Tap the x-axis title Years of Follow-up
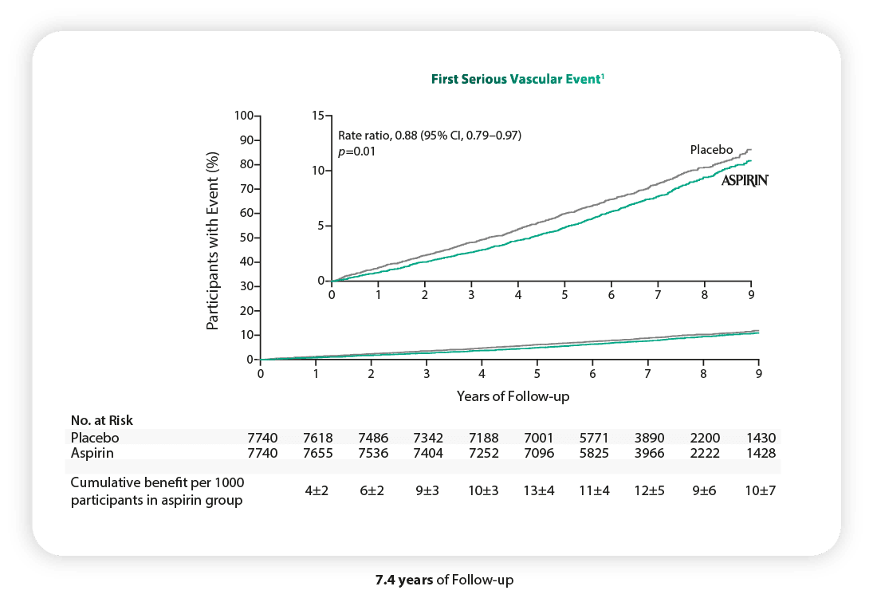tap(513, 395)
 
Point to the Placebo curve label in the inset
tap(711, 150)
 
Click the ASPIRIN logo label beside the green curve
tap(745, 181)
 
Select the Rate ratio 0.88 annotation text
tap(430, 136)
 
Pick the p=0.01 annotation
tap(356, 151)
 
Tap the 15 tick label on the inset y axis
tap(320, 116)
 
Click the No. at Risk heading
tap(101, 419)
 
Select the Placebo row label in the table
tap(93, 437)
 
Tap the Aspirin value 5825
tap(594, 452)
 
